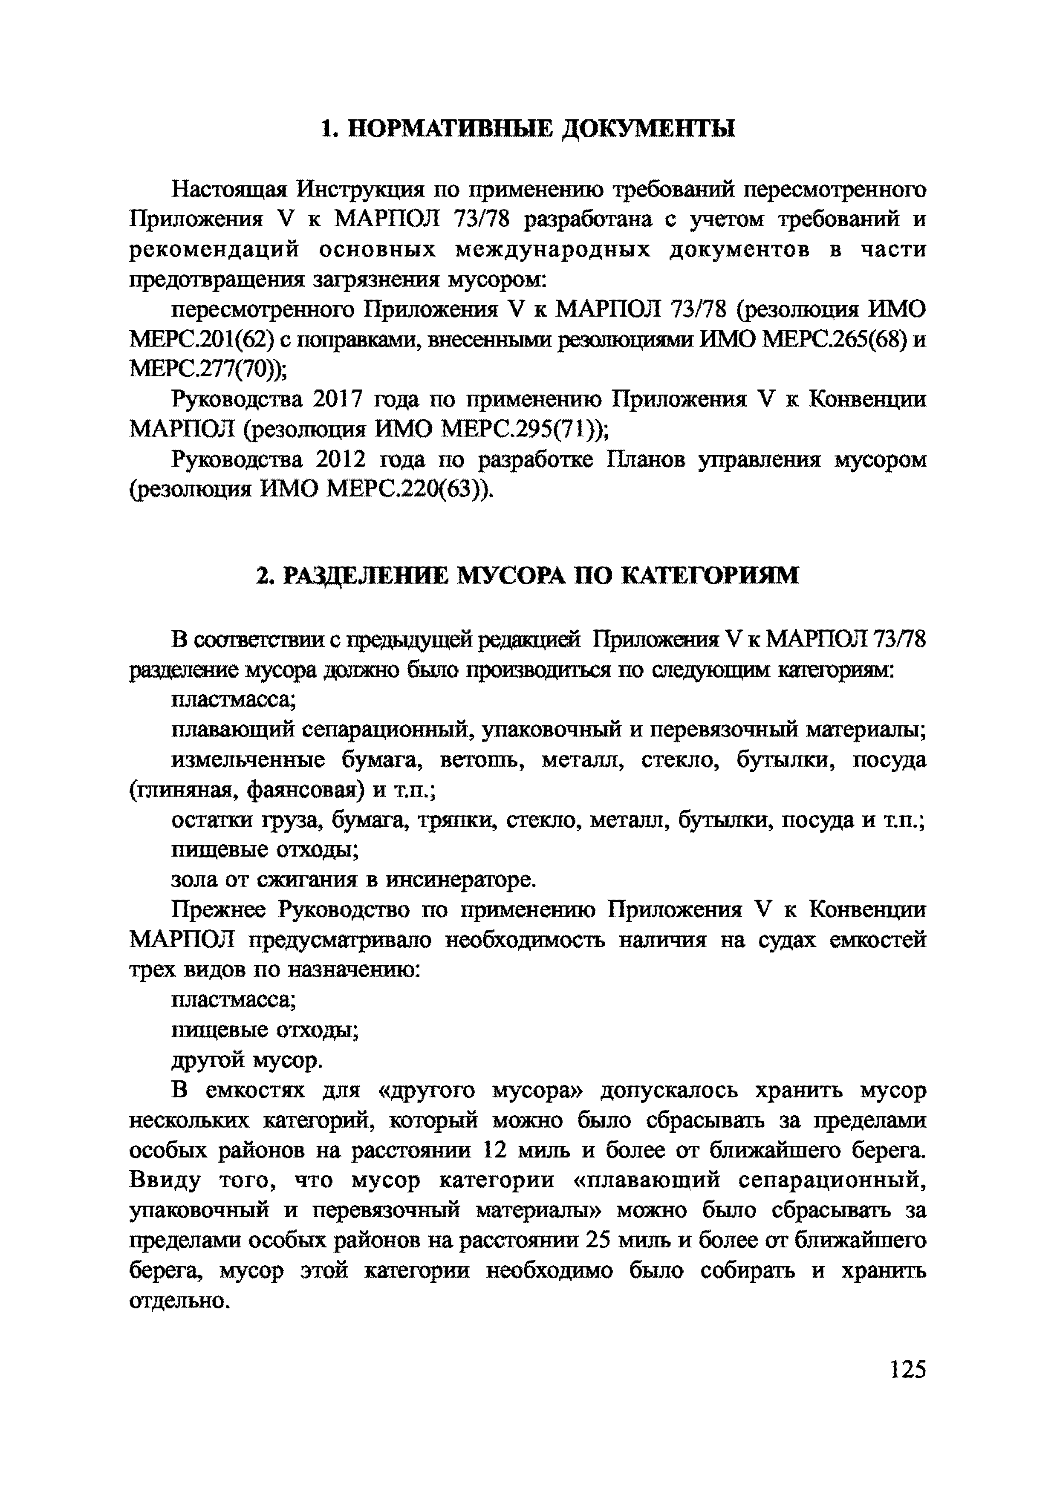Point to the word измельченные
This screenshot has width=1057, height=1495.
coord(248,761)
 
